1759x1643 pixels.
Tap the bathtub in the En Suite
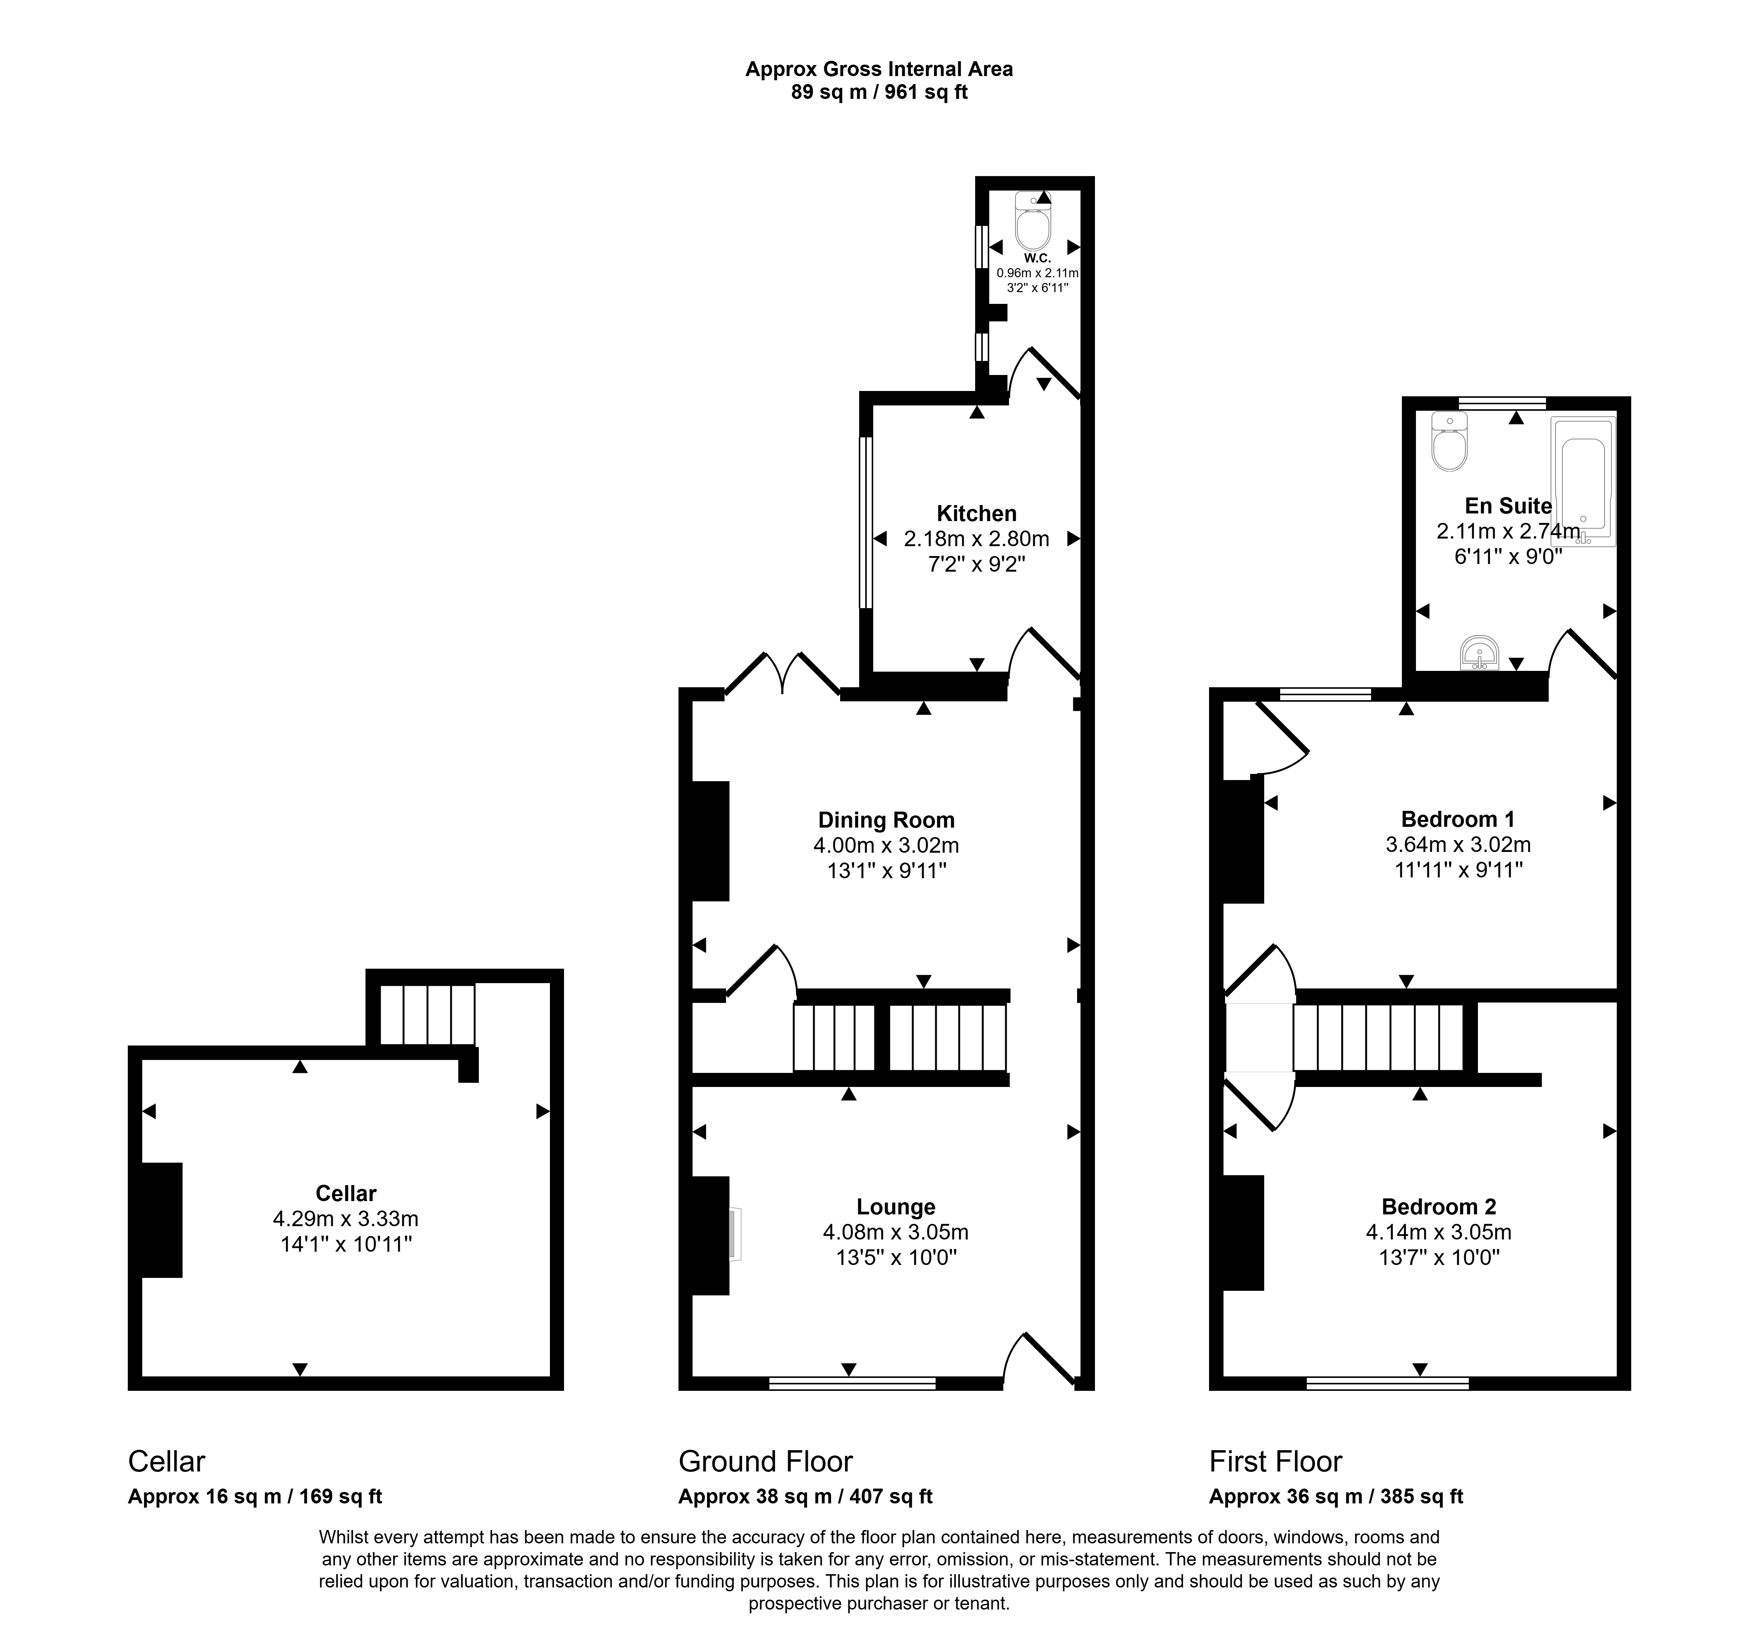pos(1583,481)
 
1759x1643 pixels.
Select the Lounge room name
pos(895,1207)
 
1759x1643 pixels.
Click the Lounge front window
pos(852,1383)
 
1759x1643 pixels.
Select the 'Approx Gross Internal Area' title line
pos(879,69)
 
